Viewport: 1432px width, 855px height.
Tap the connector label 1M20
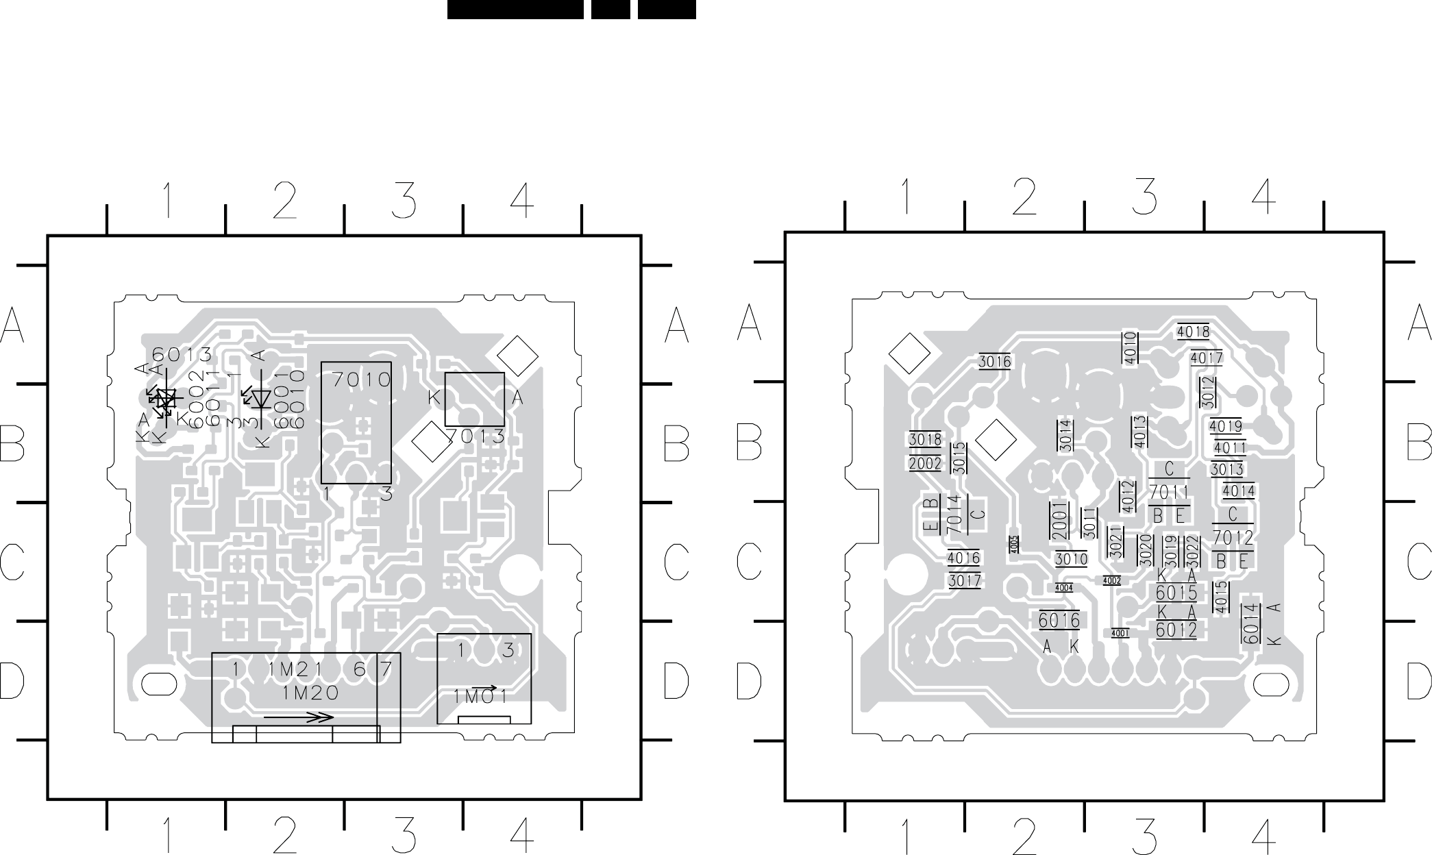(x=310, y=693)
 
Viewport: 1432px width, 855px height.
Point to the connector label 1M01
(x=480, y=697)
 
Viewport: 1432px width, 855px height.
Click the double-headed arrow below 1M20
(x=298, y=717)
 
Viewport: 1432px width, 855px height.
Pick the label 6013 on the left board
(x=182, y=354)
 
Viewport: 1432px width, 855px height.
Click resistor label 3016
(x=994, y=362)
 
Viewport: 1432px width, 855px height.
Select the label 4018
(x=1193, y=332)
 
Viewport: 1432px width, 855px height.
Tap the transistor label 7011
(x=1169, y=492)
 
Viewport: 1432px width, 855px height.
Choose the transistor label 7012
(x=1233, y=538)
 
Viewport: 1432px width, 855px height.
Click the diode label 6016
(x=1059, y=621)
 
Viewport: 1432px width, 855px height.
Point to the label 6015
(x=1176, y=592)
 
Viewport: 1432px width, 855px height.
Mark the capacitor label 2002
(x=925, y=464)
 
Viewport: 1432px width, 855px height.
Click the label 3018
(x=925, y=439)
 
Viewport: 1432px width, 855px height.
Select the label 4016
(x=964, y=558)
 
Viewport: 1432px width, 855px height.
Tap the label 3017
(x=964, y=581)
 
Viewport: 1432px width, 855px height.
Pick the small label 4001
(x=1120, y=633)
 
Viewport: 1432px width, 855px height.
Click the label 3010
(x=1071, y=559)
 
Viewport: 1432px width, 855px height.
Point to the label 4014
(x=1238, y=491)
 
